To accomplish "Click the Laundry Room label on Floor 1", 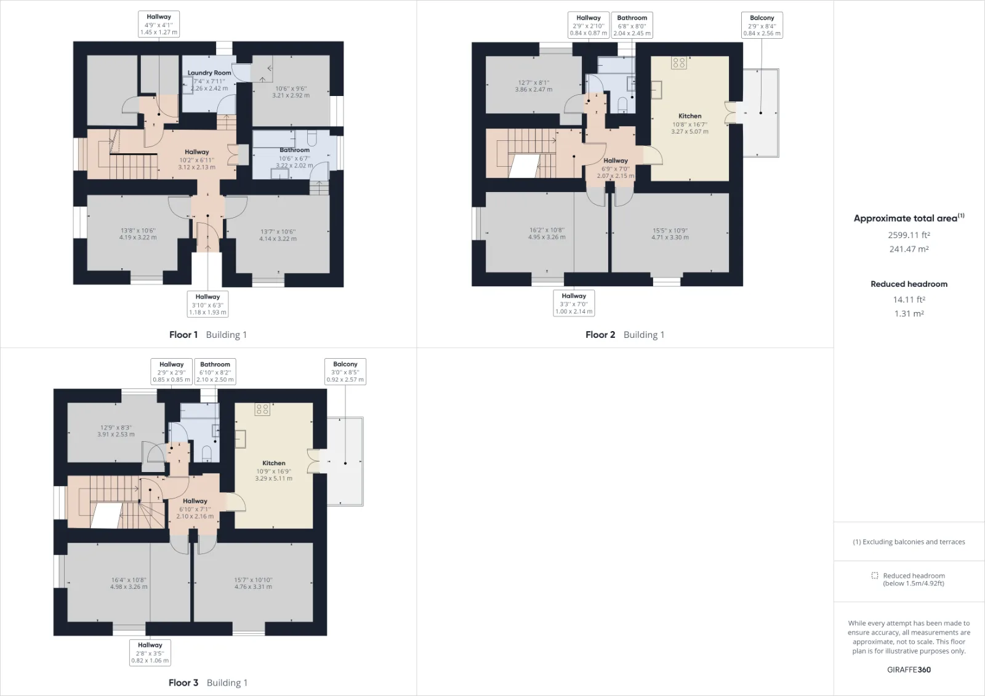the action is coord(209,73).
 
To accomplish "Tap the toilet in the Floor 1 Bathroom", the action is coord(312,137).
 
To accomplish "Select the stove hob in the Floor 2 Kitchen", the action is coord(679,63).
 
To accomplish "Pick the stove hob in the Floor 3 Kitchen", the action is coord(262,409).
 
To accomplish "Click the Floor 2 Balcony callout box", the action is coord(762,25).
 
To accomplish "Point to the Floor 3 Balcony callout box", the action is coord(345,372).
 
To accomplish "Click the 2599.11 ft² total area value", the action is coord(909,235).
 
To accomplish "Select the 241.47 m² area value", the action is coord(909,249).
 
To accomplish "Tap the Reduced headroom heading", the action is coord(909,284).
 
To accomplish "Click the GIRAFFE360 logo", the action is coord(909,670).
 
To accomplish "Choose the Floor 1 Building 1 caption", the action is coord(208,335).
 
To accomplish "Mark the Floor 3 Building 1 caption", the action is coord(208,682).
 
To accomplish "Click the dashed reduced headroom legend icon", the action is coord(875,575).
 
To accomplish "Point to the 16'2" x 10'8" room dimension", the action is coord(547,230).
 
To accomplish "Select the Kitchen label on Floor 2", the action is coord(689,116).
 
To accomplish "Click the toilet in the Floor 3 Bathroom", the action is coord(207,454).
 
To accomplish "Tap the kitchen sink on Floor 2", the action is coord(656,90).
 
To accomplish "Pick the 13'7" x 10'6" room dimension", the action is coord(278,232).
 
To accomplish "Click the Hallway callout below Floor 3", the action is coord(150,652).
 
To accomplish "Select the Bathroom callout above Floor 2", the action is coord(632,25).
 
